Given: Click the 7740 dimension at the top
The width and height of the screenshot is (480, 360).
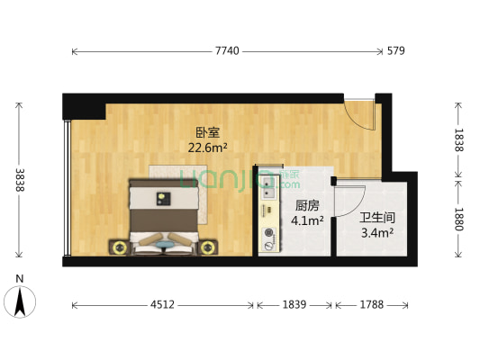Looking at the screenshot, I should click(x=227, y=51).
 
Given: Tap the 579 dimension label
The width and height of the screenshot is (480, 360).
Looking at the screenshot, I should click(x=395, y=51).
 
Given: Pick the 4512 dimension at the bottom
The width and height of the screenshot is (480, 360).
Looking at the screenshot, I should click(x=162, y=305).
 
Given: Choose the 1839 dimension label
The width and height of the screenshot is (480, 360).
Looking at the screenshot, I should click(x=295, y=305).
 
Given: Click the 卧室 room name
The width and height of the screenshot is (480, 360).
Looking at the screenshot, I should click(x=207, y=132).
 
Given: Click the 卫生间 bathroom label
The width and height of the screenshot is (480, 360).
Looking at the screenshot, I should click(x=376, y=218).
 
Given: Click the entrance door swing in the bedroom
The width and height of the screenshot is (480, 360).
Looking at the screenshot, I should click(x=359, y=114).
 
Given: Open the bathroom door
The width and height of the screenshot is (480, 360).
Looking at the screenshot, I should click(x=348, y=196).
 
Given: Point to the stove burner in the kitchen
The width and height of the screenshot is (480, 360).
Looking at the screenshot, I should click(x=267, y=238).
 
